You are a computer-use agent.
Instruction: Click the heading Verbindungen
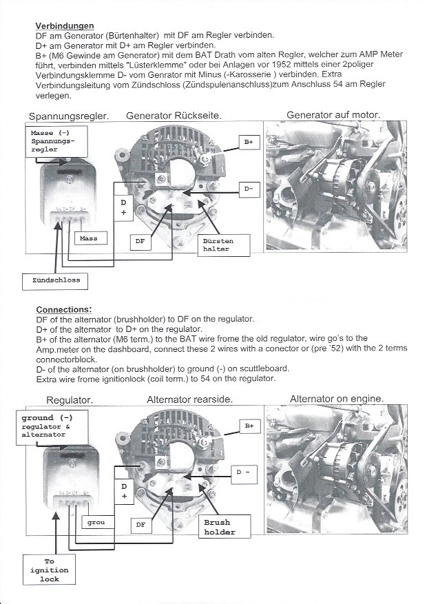pos(64,25)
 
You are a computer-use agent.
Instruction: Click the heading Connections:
pos(63,309)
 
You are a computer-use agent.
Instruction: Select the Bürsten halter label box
pos(217,244)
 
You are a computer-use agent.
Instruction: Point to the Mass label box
pos(89,238)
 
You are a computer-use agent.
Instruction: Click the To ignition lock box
pos(49,570)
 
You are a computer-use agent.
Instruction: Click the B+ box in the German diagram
pos(249,142)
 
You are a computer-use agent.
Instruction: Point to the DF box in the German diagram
pos(140,242)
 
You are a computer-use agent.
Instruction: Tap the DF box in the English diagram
pos(141,525)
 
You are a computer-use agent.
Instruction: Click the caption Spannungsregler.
pos(69,116)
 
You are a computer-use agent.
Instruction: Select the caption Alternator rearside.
pos(189,399)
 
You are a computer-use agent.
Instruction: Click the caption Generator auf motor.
pos(333,114)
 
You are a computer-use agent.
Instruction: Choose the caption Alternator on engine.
pos(337,399)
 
